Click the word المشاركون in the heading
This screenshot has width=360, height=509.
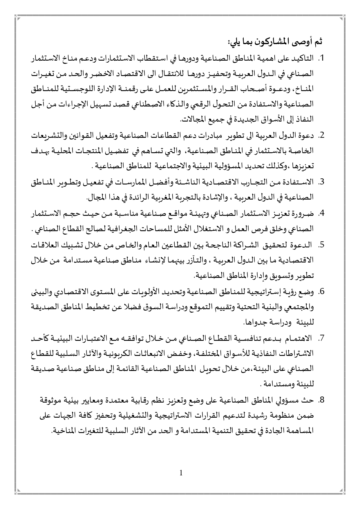point(271,41)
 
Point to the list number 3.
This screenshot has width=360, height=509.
point(321,182)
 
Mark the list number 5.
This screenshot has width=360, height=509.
point(321,245)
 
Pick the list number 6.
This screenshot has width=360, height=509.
point(321,292)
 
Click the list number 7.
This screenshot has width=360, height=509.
point(321,338)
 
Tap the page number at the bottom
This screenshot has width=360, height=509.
point(181,473)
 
